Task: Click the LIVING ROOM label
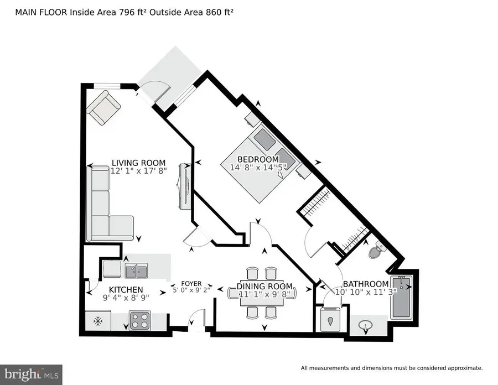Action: coord(138,162)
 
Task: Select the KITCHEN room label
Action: coord(126,289)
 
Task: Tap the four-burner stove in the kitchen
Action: coord(141,320)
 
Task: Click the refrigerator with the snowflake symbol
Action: coord(98,320)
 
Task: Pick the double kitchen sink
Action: coord(136,270)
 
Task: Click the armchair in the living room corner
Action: coord(103,108)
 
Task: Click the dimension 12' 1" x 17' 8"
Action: coord(138,171)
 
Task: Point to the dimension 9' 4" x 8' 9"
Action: coord(126,298)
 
